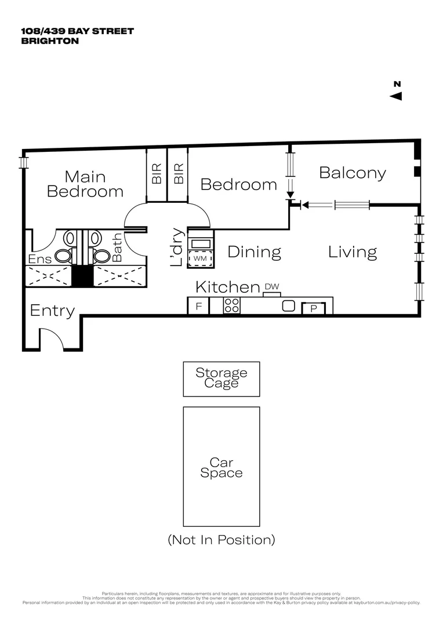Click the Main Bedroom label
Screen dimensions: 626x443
(x=85, y=184)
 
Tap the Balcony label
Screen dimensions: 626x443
(x=353, y=173)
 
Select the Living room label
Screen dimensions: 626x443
(x=353, y=252)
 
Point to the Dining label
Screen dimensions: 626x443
(x=254, y=252)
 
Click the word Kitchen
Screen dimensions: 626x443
(x=227, y=287)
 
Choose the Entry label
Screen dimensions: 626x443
(x=52, y=311)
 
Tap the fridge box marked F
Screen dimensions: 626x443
(x=198, y=306)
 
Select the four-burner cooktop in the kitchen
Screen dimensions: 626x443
(x=232, y=305)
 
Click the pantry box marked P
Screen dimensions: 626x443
(x=314, y=308)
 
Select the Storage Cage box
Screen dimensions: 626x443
(x=221, y=379)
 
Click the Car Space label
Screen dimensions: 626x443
(x=221, y=467)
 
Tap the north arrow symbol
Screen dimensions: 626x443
(x=397, y=96)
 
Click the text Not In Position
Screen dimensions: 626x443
(x=221, y=540)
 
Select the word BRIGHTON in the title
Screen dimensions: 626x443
(x=49, y=41)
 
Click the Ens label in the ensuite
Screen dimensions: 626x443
(x=40, y=259)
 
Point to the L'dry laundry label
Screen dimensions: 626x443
(x=177, y=248)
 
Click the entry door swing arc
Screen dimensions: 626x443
(x=51, y=338)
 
